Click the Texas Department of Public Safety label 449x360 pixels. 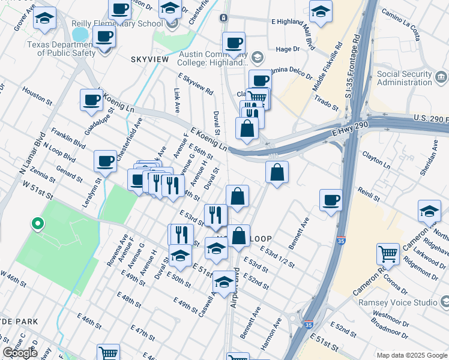[x=66, y=48]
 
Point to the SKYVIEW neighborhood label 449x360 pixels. [x=149, y=60]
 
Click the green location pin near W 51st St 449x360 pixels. [x=37, y=224]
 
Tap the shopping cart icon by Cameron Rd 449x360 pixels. [x=388, y=253]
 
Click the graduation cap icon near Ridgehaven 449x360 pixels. [x=429, y=210]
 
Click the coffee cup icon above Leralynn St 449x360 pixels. [x=105, y=160]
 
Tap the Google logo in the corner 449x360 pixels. [x=20, y=353]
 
